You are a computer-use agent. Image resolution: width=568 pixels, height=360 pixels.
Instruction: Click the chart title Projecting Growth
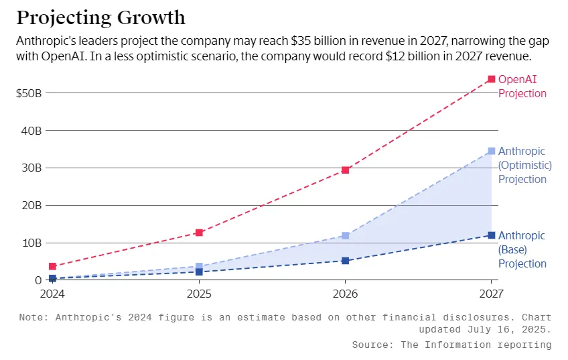(101, 17)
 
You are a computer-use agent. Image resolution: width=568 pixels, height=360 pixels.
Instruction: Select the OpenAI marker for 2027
(492, 79)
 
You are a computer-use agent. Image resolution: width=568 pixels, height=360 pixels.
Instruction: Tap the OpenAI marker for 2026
(345, 170)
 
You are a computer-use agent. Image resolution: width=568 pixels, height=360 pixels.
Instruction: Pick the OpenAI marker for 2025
(199, 233)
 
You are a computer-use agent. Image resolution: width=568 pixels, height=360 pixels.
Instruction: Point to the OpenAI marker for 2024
(52, 266)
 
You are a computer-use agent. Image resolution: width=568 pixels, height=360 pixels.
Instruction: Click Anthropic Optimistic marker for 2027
(492, 151)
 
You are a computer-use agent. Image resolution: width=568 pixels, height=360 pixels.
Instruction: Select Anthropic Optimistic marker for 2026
(345, 236)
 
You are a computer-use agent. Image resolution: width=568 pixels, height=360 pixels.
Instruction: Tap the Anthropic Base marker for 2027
(492, 235)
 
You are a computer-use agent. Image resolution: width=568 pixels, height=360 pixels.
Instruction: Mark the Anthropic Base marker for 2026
(345, 261)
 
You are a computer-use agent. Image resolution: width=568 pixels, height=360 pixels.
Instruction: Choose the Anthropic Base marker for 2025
(199, 272)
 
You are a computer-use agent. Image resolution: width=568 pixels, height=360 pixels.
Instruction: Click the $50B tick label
(29, 93)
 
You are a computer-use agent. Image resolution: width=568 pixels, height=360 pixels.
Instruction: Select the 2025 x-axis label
(199, 294)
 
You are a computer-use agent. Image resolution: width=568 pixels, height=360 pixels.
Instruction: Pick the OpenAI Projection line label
(522, 86)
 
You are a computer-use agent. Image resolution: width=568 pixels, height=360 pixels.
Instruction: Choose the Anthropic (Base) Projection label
(522, 249)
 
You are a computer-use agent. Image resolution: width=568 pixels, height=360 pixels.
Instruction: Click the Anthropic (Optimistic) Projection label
(525, 165)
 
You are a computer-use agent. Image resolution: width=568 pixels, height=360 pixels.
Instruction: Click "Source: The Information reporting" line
(451, 345)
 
